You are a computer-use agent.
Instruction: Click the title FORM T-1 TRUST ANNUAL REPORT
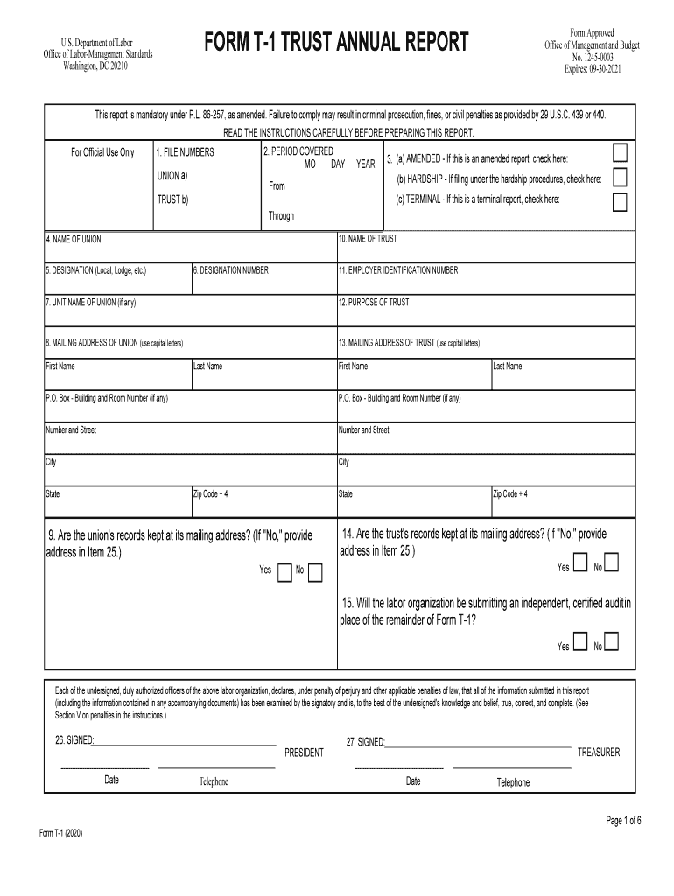click(x=336, y=42)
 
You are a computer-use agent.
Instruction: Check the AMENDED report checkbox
click(x=620, y=153)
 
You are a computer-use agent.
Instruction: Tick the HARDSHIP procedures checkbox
click(x=620, y=178)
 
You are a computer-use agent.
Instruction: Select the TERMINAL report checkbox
click(x=620, y=202)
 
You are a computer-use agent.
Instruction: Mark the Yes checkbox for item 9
click(x=284, y=572)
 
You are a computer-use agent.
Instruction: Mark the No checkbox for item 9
click(x=315, y=572)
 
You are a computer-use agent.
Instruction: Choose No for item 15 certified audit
click(x=612, y=641)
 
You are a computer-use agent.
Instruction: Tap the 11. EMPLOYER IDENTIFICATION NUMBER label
click(x=398, y=270)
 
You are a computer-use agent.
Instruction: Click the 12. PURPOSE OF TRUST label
click(x=374, y=303)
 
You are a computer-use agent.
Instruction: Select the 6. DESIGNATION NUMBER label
click(x=231, y=270)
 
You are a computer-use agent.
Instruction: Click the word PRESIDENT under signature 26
click(x=304, y=752)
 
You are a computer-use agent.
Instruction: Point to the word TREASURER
click(x=599, y=752)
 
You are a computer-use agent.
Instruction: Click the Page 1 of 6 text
click(x=624, y=821)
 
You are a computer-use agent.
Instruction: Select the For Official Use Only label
click(x=102, y=153)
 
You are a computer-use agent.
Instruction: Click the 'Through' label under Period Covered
click(x=281, y=216)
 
